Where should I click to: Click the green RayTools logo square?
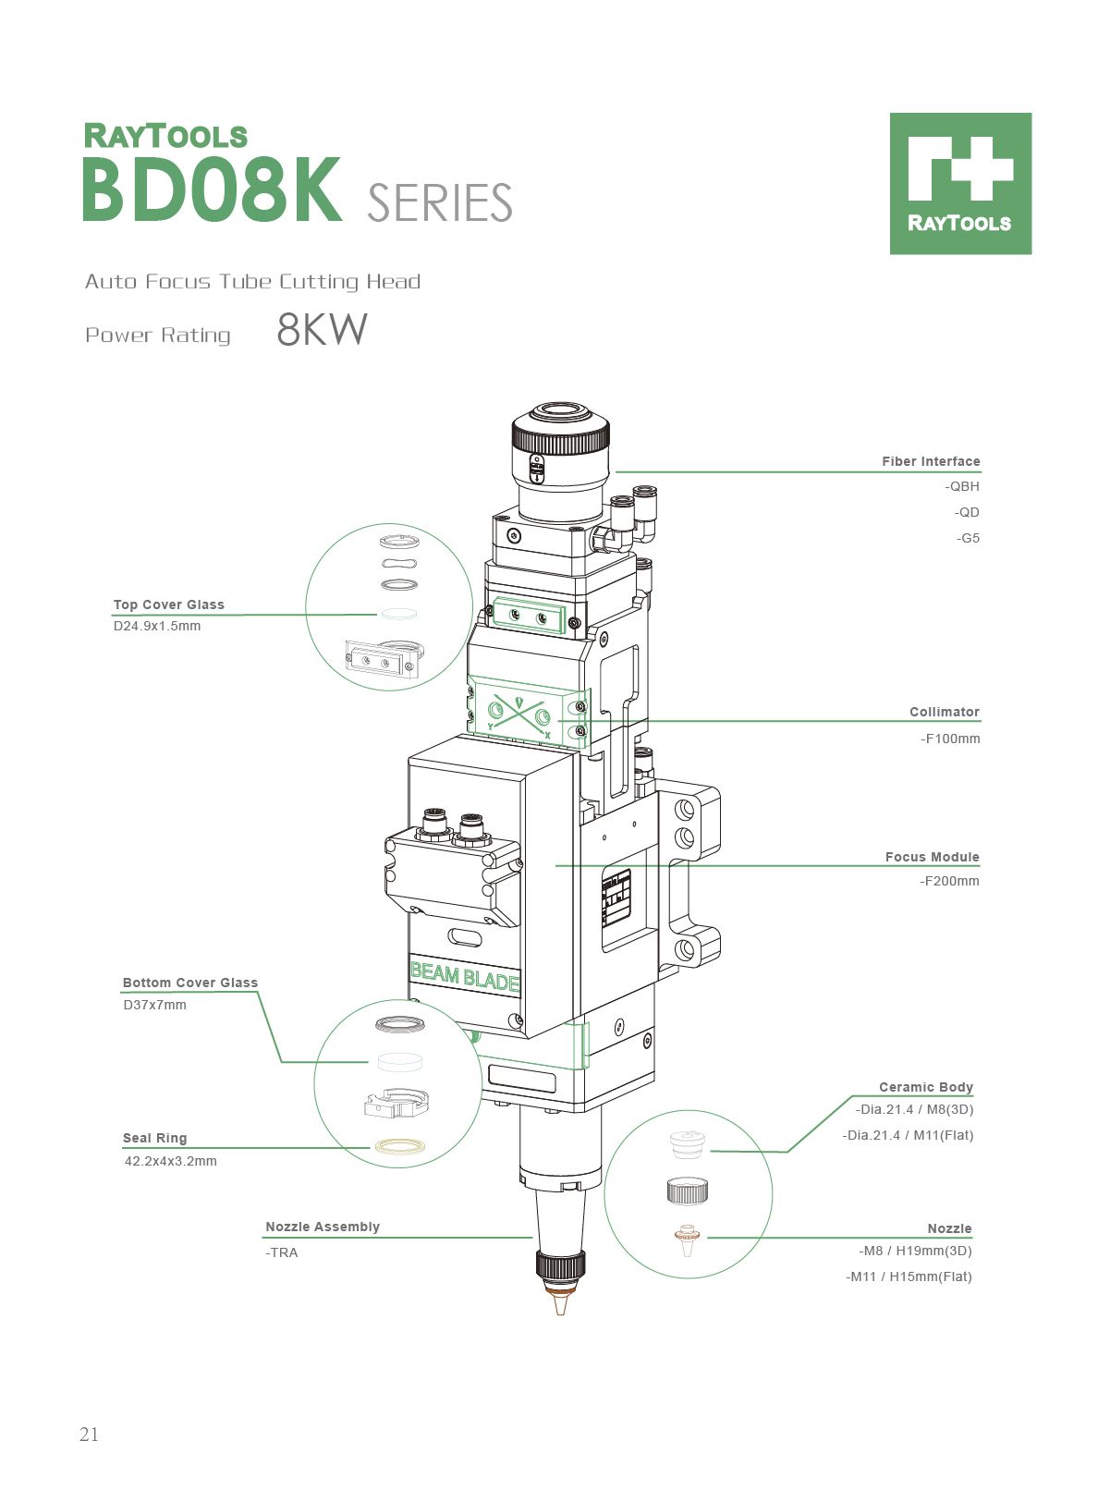tap(960, 184)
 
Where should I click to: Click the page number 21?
tap(89, 1435)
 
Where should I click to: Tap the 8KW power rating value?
tap(322, 330)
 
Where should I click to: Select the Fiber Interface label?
tap(930, 461)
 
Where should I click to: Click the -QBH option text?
tap(962, 486)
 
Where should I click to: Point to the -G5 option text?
tap(968, 538)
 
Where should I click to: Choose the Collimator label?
tap(944, 712)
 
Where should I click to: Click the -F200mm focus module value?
tap(949, 881)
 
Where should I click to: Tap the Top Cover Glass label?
tap(169, 605)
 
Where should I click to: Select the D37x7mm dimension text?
tap(154, 1005)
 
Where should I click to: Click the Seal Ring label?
tap(154, 1138)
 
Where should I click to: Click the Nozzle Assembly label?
tap(323, 1227)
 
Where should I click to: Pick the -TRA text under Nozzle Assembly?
tap(282, 1252)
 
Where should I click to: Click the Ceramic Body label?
tap(925, 1087)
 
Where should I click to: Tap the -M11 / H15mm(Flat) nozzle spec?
tap(909, 1276)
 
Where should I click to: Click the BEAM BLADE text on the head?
tap(464, 976)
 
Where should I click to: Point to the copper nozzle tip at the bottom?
tap(559, 1303)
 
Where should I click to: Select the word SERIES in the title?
tap(439, 203)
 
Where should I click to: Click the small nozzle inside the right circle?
tap(686, 1240)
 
